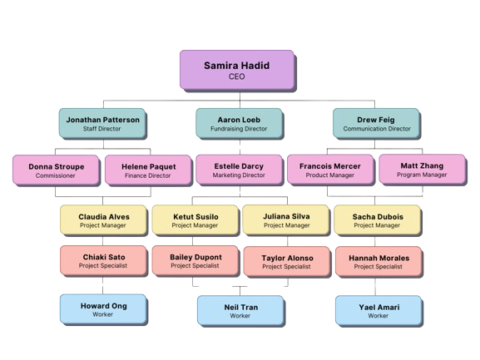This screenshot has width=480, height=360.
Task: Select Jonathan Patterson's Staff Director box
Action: click(103, 124)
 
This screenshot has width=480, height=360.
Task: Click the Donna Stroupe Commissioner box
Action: click(56, 170)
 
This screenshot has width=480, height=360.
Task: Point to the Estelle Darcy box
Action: click(239, 170)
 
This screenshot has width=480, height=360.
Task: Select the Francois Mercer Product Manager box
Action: click(330, 170)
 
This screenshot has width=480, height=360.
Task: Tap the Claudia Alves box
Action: click(104, 219)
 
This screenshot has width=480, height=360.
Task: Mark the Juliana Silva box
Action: click(285, 219)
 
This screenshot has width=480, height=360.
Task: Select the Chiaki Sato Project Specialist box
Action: click(104, 261)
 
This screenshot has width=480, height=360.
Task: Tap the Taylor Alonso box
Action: click(285, 262)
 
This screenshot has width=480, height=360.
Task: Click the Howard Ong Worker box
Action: click(104, 310)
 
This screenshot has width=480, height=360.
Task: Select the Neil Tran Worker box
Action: click(240, 311)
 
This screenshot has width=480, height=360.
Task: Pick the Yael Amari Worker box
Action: click(378, 311)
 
